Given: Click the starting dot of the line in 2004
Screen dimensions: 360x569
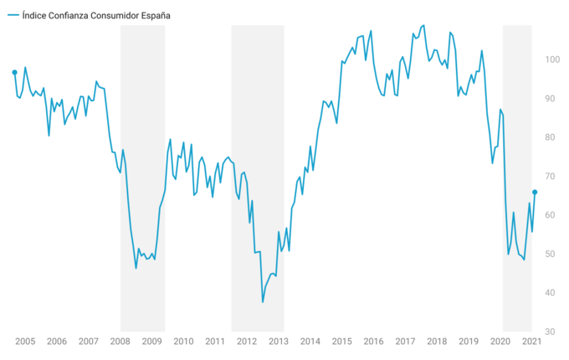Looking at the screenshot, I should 15,73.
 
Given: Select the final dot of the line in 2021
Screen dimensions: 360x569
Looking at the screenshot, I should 535,192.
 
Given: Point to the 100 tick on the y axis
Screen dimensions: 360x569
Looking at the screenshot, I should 553,59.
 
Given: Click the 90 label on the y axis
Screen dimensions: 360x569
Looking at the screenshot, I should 553,99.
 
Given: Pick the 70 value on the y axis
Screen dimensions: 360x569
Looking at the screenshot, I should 553,177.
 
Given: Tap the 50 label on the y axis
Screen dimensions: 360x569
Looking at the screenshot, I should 553,255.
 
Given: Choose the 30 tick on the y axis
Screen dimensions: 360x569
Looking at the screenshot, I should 553,332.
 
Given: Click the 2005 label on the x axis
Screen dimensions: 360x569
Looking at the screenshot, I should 24,342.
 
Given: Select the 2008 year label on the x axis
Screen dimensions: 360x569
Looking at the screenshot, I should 120,342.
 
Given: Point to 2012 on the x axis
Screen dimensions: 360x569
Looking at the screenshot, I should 247,342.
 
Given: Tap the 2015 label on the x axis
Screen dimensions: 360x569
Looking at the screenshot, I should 341,342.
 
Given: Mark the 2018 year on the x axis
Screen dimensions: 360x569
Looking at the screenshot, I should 437,342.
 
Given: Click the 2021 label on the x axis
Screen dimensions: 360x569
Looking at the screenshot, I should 530,342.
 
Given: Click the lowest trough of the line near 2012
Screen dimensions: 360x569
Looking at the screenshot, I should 263,301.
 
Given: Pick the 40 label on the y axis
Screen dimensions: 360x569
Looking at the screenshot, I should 553,293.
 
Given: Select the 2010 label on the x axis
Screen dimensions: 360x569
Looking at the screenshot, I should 183,342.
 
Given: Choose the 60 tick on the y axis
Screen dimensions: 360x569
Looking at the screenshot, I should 553,215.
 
